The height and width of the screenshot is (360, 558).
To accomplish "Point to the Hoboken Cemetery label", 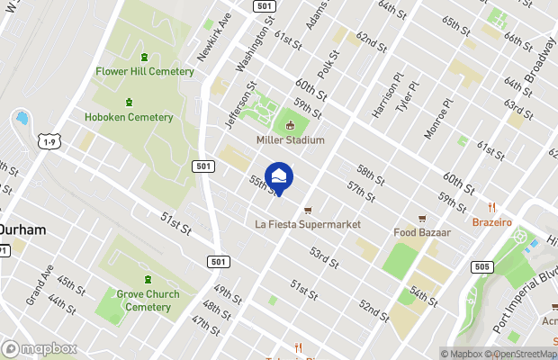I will [x=129, y=117].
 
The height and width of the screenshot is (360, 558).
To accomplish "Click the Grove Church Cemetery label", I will [x=148, y=301].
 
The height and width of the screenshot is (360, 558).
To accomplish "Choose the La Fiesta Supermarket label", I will [x=308, y=224].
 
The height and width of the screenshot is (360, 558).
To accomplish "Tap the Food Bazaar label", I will [x=421, y=232].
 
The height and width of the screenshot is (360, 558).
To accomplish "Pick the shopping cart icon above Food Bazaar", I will [x=421, y=218].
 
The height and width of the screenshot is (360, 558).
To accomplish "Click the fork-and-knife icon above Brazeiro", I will [x=491, y=207].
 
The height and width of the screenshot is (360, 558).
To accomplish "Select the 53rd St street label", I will [x=324, y=258].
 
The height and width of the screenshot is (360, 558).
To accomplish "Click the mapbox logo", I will [x=39, y=348].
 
